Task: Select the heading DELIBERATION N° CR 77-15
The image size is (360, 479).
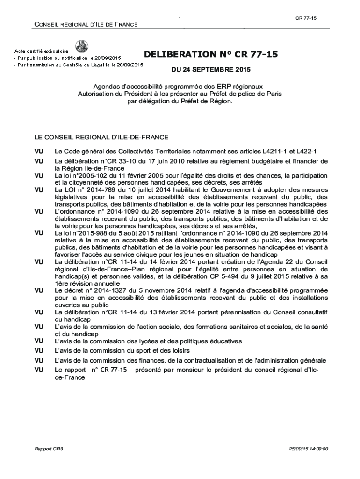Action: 211,55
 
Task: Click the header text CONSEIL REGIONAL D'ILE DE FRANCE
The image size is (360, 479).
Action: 85,24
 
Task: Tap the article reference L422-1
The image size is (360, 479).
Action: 307,152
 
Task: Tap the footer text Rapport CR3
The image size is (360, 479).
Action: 49,449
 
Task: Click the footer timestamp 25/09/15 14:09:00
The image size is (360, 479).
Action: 309,449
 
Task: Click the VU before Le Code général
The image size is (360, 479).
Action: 39,152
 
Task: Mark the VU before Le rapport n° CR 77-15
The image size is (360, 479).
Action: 39,370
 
